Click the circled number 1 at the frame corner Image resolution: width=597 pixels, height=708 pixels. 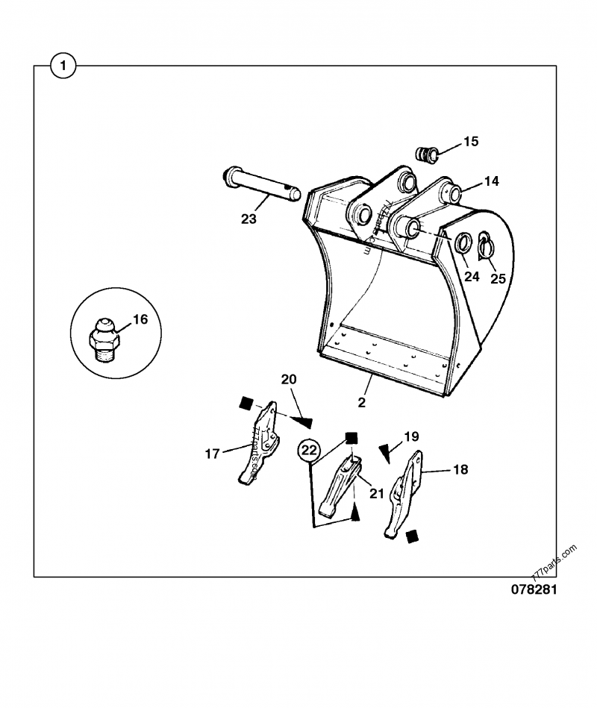(64, 66)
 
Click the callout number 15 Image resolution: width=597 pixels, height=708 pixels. (471, 142)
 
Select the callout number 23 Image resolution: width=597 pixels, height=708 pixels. (249, 219)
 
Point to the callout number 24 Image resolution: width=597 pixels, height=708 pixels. (472, 276)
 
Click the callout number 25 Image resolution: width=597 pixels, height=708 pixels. (498, 278)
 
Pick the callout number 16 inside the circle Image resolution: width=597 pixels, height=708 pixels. (140, 320)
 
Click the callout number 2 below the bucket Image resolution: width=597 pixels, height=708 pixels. (361, 402)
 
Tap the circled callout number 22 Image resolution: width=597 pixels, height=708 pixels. (309, 450)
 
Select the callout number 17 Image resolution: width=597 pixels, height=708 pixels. (212, 453)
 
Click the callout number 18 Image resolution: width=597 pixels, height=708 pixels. (460, 470)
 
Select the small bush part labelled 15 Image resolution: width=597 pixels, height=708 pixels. (426, 153)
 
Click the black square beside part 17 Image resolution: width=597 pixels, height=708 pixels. (243, 404)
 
